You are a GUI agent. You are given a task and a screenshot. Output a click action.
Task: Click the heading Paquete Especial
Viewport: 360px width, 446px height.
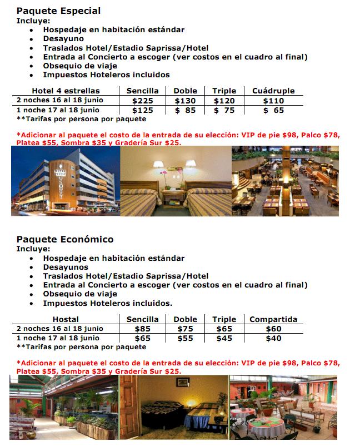point(58,11)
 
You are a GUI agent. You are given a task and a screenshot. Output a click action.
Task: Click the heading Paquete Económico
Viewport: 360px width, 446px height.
point(64,240)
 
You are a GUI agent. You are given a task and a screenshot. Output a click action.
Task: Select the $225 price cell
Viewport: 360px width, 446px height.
point(142,101)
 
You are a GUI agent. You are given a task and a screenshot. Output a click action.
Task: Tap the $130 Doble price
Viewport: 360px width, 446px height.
point(185,101)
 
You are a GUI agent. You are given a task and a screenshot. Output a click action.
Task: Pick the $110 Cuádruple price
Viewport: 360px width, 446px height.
point(273,101)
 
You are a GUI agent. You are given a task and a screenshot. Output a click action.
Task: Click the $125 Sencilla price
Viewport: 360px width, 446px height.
point(142,110)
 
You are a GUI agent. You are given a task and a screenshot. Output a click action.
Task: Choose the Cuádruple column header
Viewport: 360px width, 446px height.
point(273,91)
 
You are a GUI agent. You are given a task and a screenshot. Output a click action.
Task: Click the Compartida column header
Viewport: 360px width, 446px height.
point(273,319)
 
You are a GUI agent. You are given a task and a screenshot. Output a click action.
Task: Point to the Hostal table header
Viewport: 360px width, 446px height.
point(66,319)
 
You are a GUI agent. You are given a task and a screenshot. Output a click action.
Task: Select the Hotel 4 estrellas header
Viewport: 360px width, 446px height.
point(66,91)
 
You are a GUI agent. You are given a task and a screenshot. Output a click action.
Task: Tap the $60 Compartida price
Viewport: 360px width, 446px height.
point(273,329)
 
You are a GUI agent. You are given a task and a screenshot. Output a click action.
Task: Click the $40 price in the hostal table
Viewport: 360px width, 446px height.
point(273,338)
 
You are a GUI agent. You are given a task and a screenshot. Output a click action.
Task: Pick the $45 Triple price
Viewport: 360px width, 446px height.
point(224,338)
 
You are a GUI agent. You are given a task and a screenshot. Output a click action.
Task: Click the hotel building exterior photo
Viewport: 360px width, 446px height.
point(65,181)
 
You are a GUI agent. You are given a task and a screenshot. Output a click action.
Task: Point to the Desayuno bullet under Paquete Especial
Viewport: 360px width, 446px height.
point(63,39)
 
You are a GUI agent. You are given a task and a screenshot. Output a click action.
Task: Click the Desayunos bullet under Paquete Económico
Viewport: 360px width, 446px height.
point(66,267)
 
